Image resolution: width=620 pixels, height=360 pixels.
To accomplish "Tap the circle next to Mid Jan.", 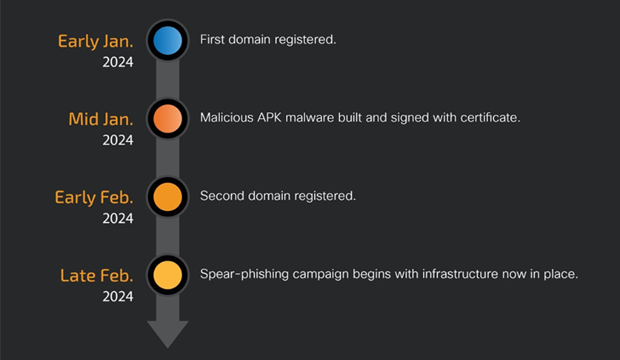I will click(167, 118).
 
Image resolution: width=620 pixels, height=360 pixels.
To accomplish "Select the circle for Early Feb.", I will click(167, 196).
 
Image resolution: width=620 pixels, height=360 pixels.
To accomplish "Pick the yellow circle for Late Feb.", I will click(167, 275).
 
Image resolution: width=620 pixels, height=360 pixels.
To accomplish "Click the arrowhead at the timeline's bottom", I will click(167, 333).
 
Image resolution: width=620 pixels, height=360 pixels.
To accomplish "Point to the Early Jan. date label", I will click(96, 41).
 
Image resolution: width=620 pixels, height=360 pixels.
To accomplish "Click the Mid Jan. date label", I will click(101, 119).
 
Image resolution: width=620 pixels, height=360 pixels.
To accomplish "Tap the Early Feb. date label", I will click(94, 197).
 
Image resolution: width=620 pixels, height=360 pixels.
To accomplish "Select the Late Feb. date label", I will click(97, 276).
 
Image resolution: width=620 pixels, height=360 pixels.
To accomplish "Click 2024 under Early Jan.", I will click(118, 62).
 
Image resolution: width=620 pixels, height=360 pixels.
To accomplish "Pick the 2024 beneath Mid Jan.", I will click(118, 140).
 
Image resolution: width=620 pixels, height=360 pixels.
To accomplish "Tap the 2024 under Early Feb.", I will click(118, 219).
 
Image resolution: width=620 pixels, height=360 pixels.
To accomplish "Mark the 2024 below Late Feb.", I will click(118, 297).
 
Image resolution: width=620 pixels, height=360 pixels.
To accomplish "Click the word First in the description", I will click(212, 39).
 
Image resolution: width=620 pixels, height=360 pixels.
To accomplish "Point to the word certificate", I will click(486, 118).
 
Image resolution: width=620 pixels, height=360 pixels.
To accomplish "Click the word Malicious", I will click(224, 118).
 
